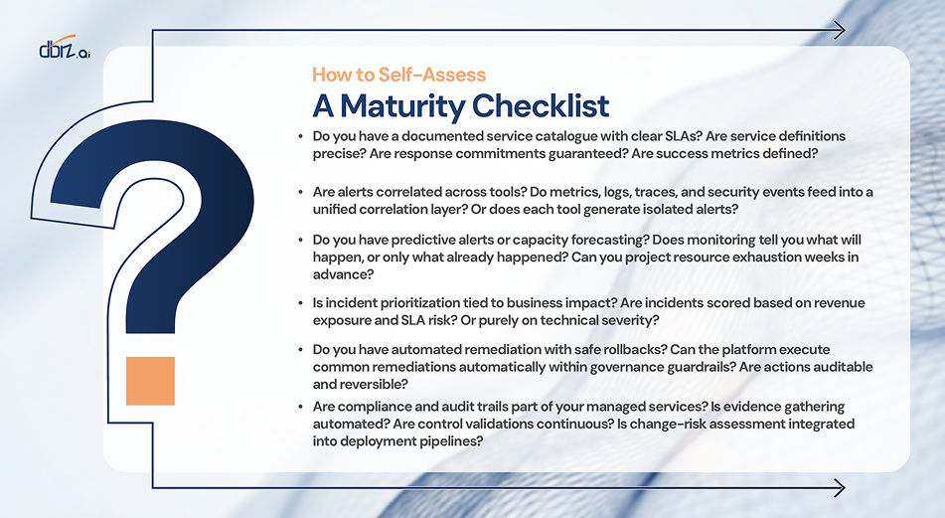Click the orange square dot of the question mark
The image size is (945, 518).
point(150,381)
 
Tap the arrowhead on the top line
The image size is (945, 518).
point(839,30)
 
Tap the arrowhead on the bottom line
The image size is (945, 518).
point(839,487)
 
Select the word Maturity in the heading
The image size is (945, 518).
point(402,106)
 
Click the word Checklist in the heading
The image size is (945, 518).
point(541,105)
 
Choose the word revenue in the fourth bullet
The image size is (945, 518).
point(839,303)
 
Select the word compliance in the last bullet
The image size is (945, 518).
point(370,407)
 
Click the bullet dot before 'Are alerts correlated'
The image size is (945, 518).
point(301,192)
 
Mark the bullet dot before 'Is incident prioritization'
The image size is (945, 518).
point(301,302)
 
